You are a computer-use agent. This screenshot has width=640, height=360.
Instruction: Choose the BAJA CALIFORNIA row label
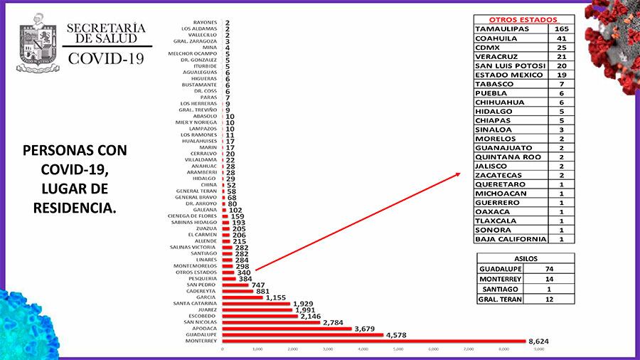click(511, 239)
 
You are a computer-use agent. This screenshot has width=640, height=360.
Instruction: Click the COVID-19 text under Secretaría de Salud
click(105, 58)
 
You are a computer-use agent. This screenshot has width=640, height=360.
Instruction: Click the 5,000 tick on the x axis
click(398, 349)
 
